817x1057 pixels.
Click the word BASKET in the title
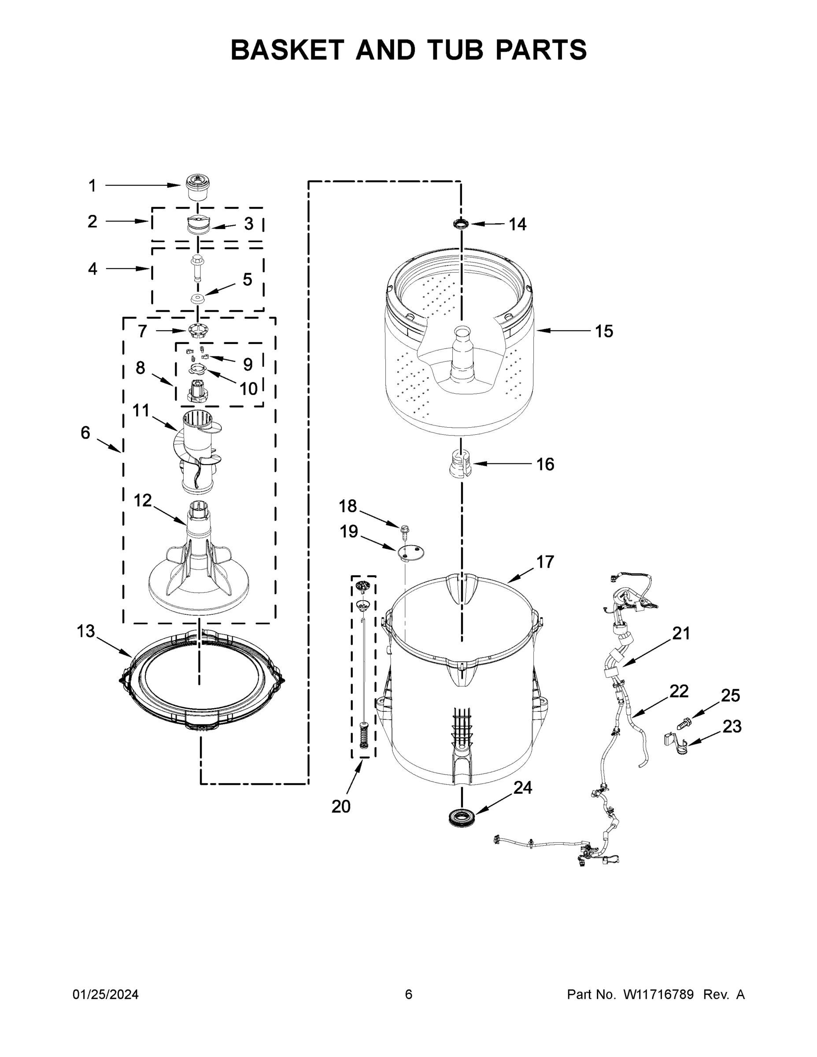[287, 50]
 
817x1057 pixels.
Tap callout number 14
[517, 224]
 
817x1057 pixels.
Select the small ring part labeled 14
[461, 224]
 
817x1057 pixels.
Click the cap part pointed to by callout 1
[198, 188]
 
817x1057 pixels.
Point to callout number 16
[545, 464]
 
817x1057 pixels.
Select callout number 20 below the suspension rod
[341, 806]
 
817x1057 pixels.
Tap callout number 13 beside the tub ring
[86, 631]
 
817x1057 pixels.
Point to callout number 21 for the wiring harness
[680, 633]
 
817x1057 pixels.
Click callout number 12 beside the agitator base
[142, 500]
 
